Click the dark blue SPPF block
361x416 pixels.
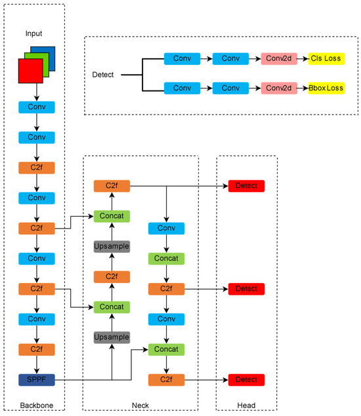pyautogui.click(x=37, y=379)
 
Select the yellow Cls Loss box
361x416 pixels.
pyautogui.click(x=326, y=59)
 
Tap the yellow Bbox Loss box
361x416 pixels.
pyautogui.click(x=326, y=88)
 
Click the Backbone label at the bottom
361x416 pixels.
pyautogui.click(x=37, y=405)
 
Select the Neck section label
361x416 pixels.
pyautogui.click(x=140, y=405)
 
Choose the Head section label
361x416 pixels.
pyautogui.click(x=247, y=405)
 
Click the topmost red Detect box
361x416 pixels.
pyautogui.click(x=246, y=187)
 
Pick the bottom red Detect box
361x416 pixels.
pyautogui.click(x=246, y=379)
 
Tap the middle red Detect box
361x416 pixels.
pyautogui.click(x=246, y=289)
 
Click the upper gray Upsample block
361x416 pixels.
pyautogui.click(x=112, y=246)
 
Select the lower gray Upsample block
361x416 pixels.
pyautogui.click(x=112, y=337)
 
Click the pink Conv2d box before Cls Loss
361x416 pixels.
pyautogui.click(x=279, y=59)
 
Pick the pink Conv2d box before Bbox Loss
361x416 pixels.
pyautogui.click(x=279, y=88)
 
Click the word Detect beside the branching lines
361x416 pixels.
pyautogui.click(x=104, y=74)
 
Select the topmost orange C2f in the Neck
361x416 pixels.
pyautogui.click(x=112, y=187)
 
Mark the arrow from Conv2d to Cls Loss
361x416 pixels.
pyautogui.click(x=303, y=59)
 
